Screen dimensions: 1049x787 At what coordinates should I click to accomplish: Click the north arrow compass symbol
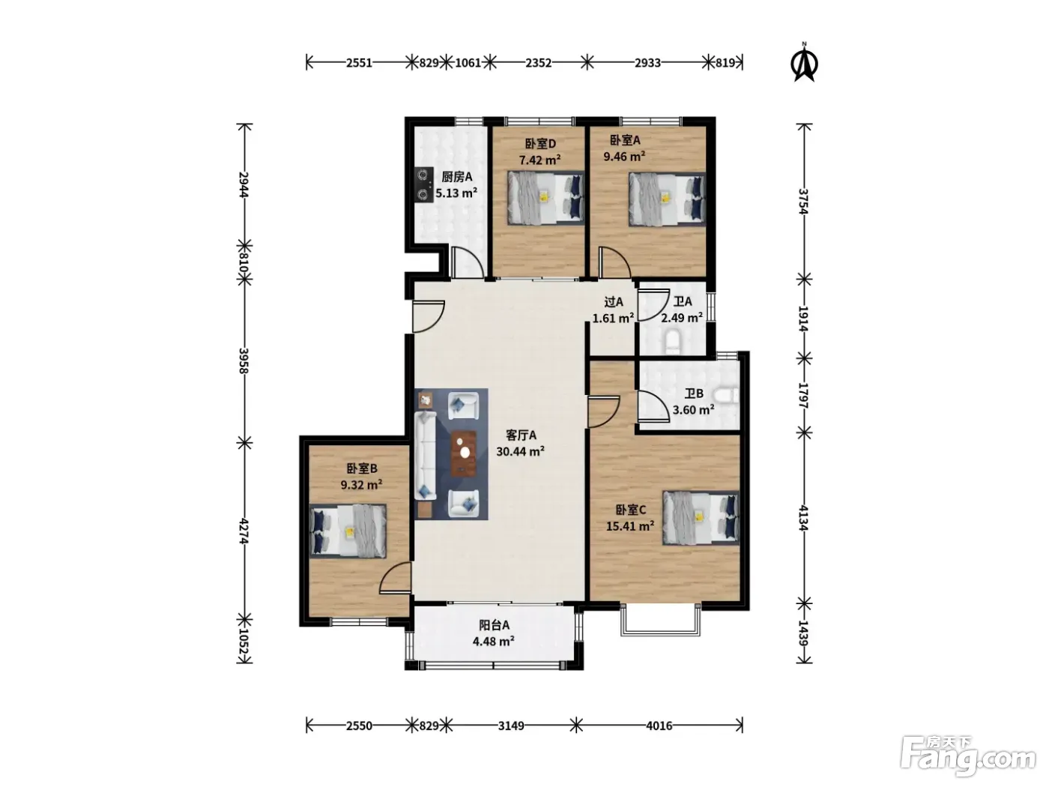(804, 63)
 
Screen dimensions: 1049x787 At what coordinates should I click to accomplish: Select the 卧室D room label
(540, 143)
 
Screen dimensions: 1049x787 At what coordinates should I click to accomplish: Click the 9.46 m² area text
(624, 156)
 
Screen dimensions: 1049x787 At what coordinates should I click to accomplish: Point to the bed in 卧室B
(348, 531)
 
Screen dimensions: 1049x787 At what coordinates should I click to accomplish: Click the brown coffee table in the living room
(464, 453)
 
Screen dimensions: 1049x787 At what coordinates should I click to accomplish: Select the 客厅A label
(521, 435)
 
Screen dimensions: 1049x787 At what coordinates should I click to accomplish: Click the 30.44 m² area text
(521, 451)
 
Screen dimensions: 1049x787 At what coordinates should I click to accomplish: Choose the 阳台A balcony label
(494, 625)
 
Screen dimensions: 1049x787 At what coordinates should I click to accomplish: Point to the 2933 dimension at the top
(647, 63)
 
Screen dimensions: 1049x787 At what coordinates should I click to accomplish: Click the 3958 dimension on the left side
(244, 361)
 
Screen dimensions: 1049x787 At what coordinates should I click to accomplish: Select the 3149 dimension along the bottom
(511, 726)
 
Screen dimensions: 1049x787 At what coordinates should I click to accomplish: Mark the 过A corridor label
(614, 302)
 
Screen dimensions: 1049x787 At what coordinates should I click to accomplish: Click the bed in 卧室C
(701, 518)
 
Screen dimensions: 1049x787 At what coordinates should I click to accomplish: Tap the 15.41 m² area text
(630, 526)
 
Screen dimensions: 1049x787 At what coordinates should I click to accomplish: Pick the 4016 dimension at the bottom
(659, 726)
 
